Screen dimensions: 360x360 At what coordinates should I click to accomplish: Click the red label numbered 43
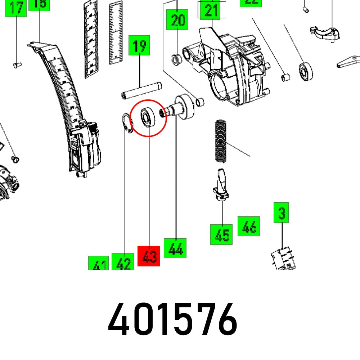click(x=148, y=256)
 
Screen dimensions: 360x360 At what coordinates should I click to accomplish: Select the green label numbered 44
click(x=175, y=248)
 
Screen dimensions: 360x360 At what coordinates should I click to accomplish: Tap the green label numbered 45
click(x=221, y=234)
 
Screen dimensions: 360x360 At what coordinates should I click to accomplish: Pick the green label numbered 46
click(x=248, y=226)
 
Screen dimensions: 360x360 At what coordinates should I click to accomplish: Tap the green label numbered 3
click(x=282, y=213)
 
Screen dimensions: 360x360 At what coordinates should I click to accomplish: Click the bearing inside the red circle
click(x=148, y=117)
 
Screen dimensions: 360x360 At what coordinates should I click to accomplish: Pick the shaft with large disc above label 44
click(x=180, y=107)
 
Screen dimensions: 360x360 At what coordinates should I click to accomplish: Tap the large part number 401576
click(x=173, y=320)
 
